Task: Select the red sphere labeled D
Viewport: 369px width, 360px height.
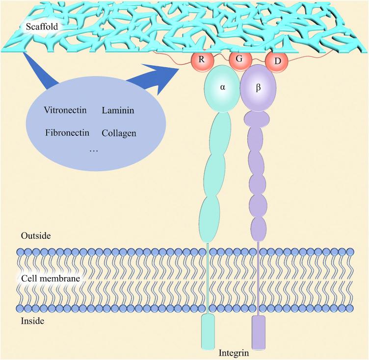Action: [x=276, y=62]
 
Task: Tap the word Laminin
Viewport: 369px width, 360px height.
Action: [x=118, y=110]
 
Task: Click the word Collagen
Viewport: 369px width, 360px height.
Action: [x=119, y=133]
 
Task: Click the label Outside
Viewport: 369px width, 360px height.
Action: [x=35, y=236]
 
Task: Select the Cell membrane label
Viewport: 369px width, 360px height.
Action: [x=51, y=279]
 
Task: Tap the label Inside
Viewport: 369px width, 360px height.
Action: [x=32, y=321]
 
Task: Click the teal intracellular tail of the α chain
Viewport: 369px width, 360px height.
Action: [x=208, y=332]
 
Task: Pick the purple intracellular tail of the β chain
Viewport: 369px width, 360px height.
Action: [x=258, y=332]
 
